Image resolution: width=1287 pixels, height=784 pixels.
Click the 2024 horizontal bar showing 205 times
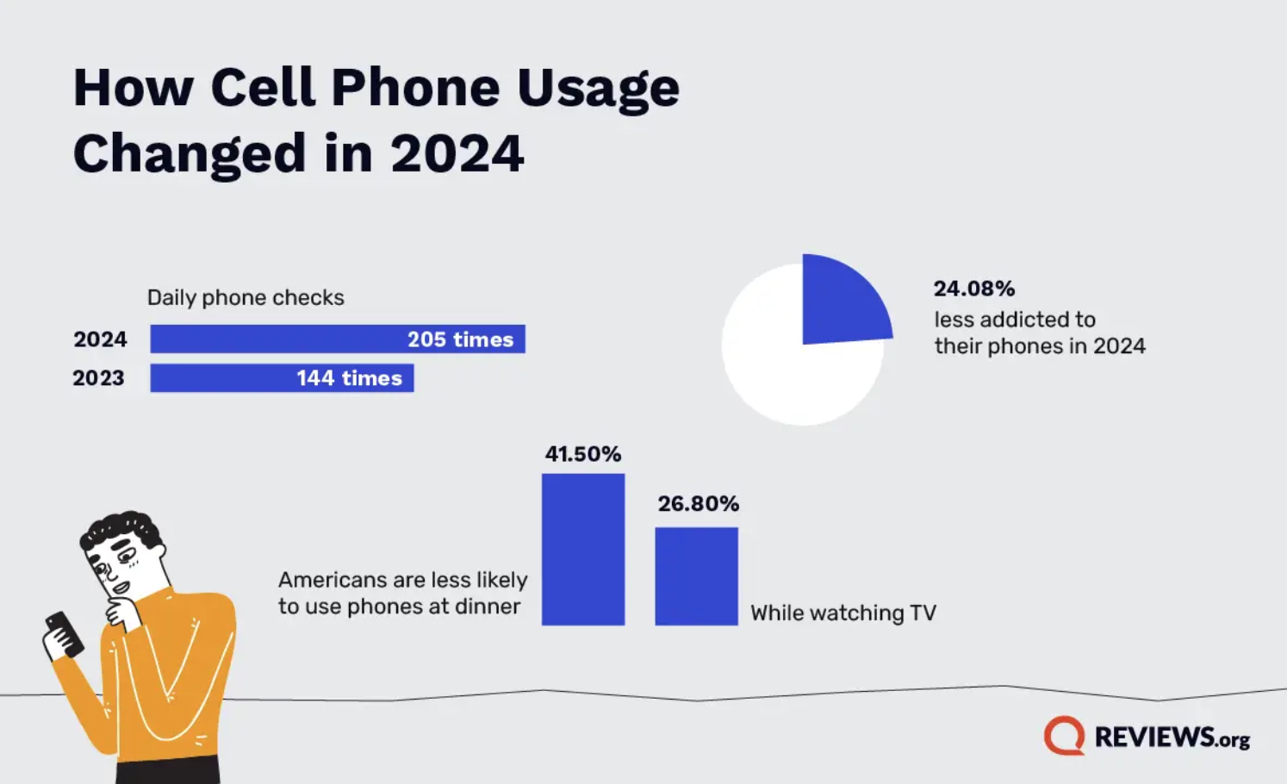337,339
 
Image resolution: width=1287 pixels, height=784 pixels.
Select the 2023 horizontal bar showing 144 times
282,378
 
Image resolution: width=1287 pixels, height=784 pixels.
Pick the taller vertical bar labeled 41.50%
583,549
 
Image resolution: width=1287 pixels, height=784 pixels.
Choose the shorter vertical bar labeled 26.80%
696,576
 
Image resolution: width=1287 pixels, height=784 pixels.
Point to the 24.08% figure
974,289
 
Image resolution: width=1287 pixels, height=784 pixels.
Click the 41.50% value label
583,454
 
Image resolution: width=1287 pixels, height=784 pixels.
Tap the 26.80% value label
698,504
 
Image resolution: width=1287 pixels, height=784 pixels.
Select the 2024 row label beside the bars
100,339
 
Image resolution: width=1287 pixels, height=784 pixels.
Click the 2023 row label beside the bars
98,378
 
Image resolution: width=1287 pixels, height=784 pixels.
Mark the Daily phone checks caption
246,298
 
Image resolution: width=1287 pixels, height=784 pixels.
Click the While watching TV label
842,613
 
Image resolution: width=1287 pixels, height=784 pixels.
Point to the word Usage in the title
598,88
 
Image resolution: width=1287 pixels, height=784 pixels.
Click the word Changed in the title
190,153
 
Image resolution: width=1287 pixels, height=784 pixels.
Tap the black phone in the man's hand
65,633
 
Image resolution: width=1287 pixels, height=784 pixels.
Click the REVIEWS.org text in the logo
1172,737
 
